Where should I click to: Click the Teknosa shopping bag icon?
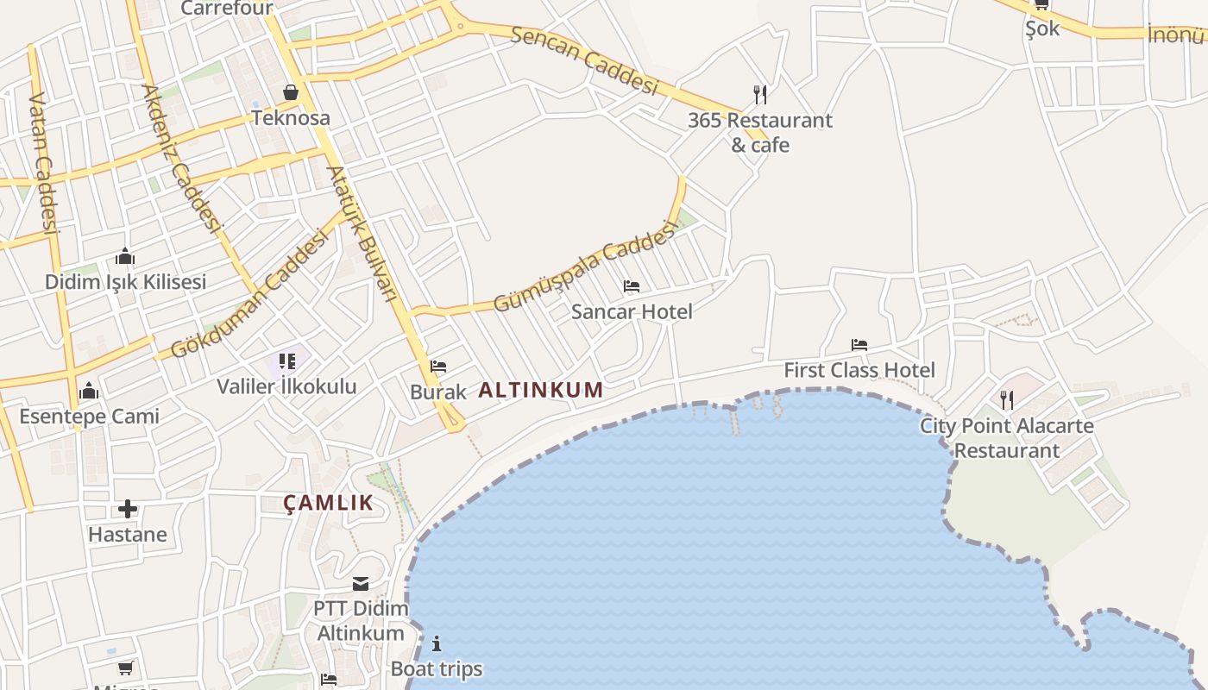291,92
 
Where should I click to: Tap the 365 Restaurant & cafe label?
760,132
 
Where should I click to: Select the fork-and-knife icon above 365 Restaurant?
760,94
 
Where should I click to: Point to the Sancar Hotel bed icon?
632,286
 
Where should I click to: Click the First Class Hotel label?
859,371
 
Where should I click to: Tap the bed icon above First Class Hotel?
859,345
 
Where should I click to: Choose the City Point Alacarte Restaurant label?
1006,437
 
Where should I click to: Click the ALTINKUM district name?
541,390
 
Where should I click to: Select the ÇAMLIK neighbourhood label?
329,503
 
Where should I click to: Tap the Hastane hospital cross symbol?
128,509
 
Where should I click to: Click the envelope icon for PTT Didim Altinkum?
361,584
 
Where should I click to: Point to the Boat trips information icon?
437,643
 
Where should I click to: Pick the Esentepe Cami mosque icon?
89,392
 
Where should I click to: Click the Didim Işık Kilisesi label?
126,282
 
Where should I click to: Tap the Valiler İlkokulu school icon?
287,361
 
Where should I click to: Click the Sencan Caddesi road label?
584,60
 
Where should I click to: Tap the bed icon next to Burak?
438,367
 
